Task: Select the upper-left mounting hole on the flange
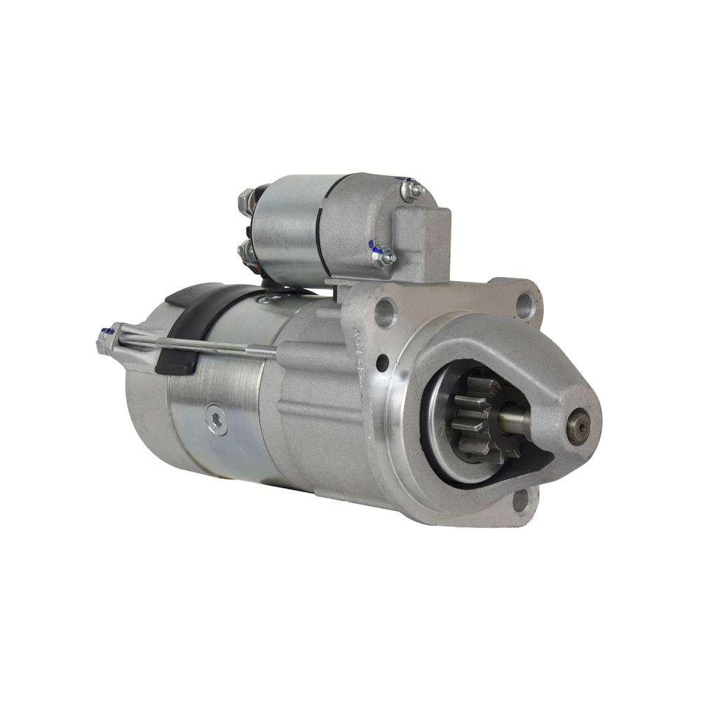385,312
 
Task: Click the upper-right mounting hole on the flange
525,304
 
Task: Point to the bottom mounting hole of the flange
520,501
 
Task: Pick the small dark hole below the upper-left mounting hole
382,364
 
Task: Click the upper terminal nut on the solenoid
247,201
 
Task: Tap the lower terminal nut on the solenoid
247,249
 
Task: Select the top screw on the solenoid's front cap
411,189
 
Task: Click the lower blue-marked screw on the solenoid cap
382,257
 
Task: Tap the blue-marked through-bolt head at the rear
105,342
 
